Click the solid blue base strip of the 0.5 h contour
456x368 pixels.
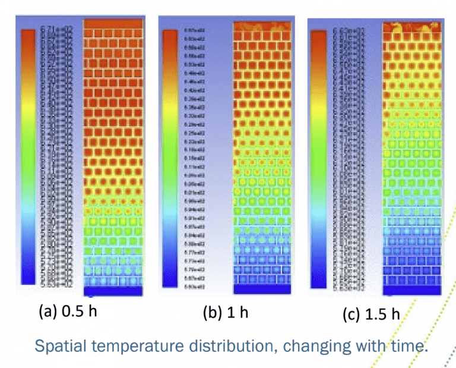(x=113, y=291)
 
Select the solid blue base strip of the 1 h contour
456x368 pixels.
(x=261, y=289)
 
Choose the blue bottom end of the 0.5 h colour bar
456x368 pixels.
(x=28, y=276)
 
